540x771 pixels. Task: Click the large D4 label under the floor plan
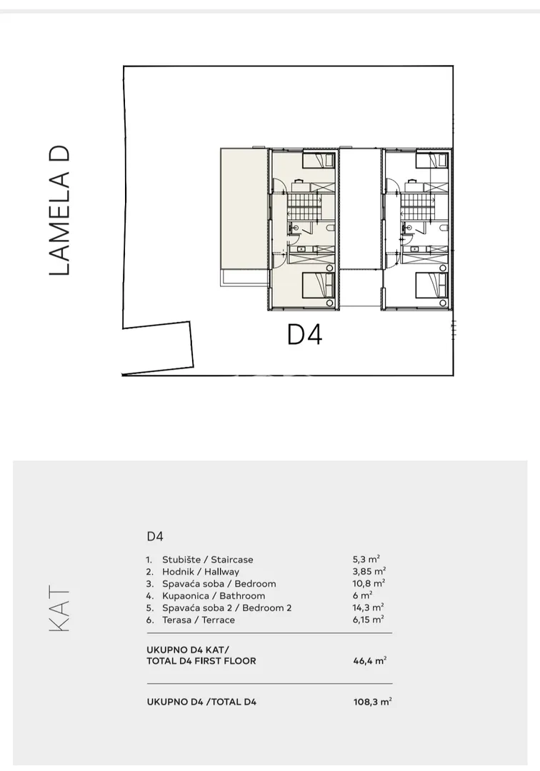pos(304,335)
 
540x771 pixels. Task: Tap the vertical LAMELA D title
pos(60,210)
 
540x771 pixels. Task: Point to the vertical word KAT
pos(60,609)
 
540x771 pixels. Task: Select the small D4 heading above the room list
pos(155,536)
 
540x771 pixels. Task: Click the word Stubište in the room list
pos(181,560)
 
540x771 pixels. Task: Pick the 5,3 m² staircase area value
pos(366,559)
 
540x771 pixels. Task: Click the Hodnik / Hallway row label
pos(201,572)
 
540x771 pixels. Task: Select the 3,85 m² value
pos(369,571)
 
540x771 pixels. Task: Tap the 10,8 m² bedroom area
pos(369,583)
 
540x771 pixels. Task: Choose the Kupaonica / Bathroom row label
pos(214,596)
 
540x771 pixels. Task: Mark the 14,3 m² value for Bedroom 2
pos(368,608)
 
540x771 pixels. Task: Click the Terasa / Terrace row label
pos(199,620)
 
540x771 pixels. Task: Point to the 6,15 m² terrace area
pos(368,620)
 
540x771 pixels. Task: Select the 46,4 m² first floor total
pos(370,661)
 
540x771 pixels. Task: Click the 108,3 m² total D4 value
pos(372,702)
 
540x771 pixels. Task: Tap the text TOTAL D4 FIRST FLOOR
pos(201,661)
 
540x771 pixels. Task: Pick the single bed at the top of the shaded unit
pos(318,160)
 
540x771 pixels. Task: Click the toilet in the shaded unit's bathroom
pos(330,228)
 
